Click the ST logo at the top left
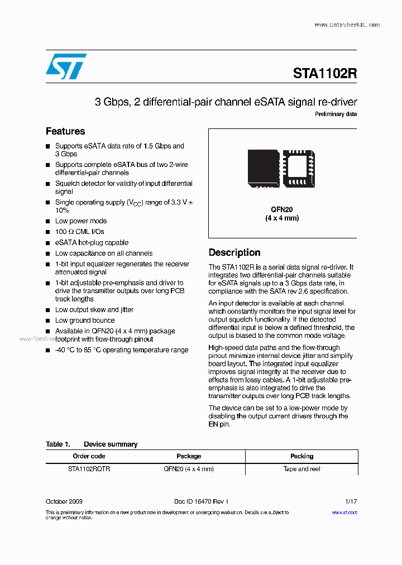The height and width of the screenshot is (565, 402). [66, 66]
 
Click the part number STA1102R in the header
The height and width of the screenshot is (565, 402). [324, 74]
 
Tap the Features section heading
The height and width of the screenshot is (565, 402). [65, 131]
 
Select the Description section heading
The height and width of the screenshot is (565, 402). [234, 252]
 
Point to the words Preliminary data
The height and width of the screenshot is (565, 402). [336, 114]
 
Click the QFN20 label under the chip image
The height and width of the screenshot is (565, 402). [282, 209]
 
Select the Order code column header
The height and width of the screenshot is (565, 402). [89, 456]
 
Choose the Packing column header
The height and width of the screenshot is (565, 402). [301, 456]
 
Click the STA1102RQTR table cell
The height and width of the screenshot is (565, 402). [89, 469]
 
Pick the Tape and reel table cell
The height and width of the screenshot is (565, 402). [301, 469]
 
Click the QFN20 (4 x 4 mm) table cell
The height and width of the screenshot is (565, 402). [189, 469]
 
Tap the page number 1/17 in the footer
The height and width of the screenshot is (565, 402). [351, 502]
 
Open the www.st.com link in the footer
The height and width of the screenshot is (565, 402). [344, 513]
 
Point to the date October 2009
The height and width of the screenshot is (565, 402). [64, 502]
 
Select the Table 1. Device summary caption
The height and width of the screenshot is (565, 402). [92, 444]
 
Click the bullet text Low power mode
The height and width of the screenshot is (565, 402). [81, 221]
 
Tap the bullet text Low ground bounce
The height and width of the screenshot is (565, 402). [85, 320]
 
